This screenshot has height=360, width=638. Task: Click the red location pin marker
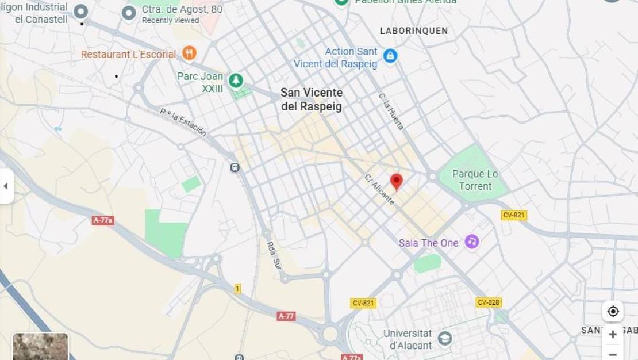[397, 181]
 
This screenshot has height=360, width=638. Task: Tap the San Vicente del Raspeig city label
[312, 99]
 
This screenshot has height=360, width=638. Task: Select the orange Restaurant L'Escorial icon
[189, 53]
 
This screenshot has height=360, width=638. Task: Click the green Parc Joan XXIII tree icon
[236, 81]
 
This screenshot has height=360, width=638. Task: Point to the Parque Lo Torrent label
[475, 180]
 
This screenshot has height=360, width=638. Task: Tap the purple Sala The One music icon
[472, 242]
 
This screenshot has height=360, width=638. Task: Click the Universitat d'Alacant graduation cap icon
[445, 339]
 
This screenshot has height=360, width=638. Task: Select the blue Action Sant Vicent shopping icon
[390, 56]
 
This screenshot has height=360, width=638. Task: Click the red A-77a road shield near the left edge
[103, 220]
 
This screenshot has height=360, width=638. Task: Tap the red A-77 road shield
[286, 316]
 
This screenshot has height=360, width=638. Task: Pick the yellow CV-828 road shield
[489, 302]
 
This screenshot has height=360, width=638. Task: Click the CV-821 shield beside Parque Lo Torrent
[514, 215]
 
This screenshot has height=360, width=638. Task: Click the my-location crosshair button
[613, 311]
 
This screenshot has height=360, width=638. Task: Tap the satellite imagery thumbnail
[40, 347]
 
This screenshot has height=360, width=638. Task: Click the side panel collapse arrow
[6, 186]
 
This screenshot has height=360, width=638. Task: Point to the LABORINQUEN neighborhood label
[414, 31]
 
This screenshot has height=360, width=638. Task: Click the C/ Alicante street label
[379, 189]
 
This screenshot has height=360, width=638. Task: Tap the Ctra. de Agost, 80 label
[182, 10]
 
